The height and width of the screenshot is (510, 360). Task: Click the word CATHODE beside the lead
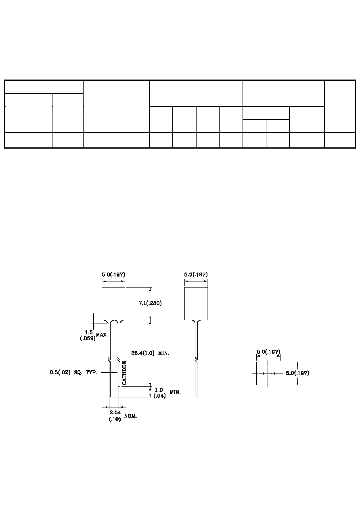tap(124, 373)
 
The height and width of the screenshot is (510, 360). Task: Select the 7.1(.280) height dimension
tap(150, 303)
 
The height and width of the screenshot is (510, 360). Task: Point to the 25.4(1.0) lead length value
tap(143, 353)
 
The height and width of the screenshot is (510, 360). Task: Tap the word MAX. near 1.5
tap(102, 335)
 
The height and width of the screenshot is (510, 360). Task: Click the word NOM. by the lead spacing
tap(130, 416)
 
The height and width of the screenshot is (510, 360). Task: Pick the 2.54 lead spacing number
tap(115, 412)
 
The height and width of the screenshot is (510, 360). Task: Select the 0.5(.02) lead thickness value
tap(60, 372)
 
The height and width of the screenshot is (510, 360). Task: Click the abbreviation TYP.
tap(92, 373)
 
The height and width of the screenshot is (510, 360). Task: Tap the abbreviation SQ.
tap(78, 373)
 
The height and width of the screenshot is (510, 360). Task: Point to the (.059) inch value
tap(88, 338)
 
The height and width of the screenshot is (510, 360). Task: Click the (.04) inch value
tap(159, 396)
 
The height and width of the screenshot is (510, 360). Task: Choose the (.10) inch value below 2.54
tap(115, 419)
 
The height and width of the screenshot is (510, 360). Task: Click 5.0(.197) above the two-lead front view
tap(113, 274)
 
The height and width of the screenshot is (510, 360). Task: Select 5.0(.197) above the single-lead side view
tap(196, 274)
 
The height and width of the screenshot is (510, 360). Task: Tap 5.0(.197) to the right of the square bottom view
tap(298, 373)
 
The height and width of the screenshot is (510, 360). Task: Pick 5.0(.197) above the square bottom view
tap(268, 352)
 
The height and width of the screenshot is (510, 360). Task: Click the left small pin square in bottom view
tap(262, 374)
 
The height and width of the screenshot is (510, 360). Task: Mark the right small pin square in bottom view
tap(273, 374)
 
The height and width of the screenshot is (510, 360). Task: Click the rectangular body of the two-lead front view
tap(113, 304)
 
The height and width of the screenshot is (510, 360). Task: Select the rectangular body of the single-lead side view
tap(196, 304)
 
